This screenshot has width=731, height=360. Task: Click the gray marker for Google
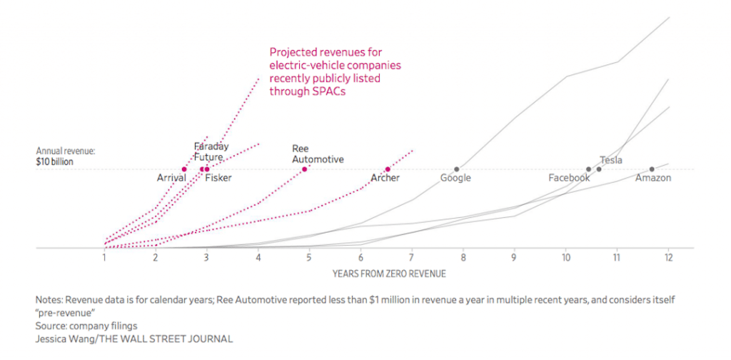[x=456, y=169]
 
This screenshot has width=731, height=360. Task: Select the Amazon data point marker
[x=652, y=169]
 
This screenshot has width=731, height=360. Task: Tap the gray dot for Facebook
[x=589, y=169]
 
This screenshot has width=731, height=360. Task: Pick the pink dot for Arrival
[x=184, y=169]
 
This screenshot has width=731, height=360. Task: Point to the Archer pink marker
[x=388, y=169]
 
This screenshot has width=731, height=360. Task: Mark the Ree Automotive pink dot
[x=305, y=169]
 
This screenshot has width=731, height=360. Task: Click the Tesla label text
[x=611, y=160]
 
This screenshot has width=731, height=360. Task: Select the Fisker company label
[x=218, y=178]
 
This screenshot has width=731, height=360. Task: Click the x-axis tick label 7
[x=411, y=257]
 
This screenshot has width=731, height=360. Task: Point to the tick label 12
[x=668, y=257]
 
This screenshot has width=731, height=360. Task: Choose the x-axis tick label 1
[x=104, y=257]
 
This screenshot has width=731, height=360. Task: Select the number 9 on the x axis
[x=514, y=257]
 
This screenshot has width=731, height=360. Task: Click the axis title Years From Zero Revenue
[x=386, y=273]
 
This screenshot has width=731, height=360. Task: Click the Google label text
[x=455, y=178]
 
